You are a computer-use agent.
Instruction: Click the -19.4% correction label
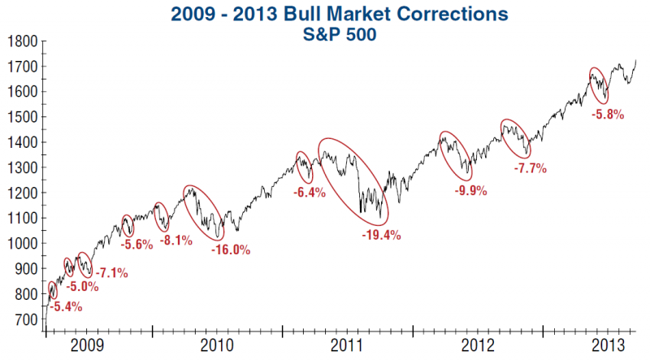point(381,235)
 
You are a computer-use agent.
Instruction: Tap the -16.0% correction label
point(231,250)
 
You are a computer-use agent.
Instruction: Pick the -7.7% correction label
point(531,169)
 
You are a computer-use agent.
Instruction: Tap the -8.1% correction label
point(176,241)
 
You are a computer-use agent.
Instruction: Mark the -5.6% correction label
point(136,245)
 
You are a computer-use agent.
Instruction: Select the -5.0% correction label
point(82,286)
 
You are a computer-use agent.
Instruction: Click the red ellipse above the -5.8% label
point(599,85)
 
